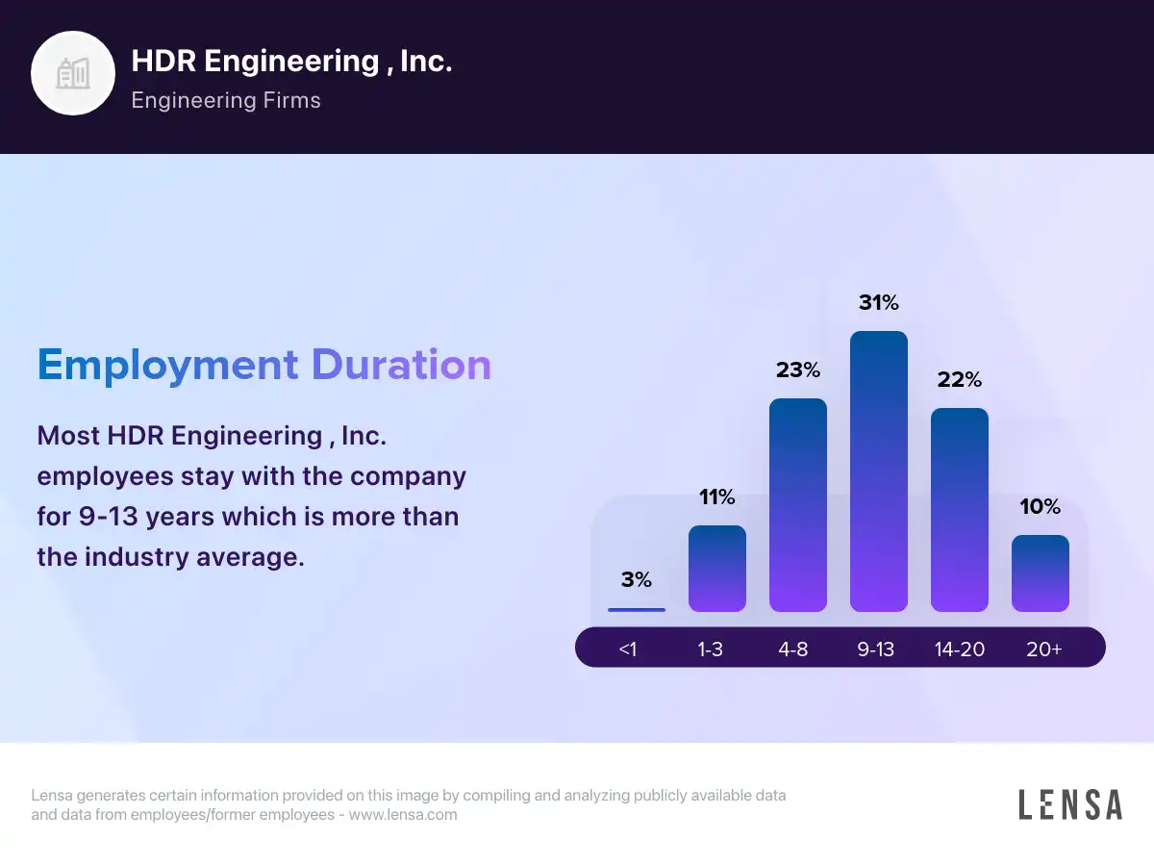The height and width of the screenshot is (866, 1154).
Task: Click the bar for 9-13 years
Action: pos(879,471)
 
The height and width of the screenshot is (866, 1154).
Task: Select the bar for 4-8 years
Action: pos(798,505)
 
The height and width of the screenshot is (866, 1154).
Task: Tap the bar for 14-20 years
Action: pos(960,510)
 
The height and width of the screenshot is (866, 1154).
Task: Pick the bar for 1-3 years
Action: pos(717,569)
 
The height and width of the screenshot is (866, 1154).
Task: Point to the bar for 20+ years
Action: pos(1041,573)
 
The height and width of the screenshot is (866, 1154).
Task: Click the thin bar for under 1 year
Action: pos(637,609)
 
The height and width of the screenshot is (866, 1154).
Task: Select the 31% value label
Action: pos(879,303)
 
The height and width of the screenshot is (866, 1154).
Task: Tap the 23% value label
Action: pos(798,369)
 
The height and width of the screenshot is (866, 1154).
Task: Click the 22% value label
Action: pos(960,379)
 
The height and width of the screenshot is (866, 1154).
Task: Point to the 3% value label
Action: pos(637,579)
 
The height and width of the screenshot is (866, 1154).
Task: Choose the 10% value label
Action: pos(1041,506)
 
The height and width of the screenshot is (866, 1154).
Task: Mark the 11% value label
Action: pos(717,497)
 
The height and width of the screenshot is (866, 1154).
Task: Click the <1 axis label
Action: pos(628,649)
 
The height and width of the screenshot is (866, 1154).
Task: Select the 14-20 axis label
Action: pos(960,649)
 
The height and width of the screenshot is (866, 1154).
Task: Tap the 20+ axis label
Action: pos(1044,649)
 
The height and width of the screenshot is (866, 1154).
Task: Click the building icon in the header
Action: pos(73,73)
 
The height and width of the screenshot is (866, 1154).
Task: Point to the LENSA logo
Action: pos(1070,804)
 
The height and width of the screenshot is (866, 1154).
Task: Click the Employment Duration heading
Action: pos(264,366)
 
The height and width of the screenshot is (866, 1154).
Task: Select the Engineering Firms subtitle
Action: pos(226,100)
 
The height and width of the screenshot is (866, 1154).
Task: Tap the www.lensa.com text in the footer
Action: pos(403,815)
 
